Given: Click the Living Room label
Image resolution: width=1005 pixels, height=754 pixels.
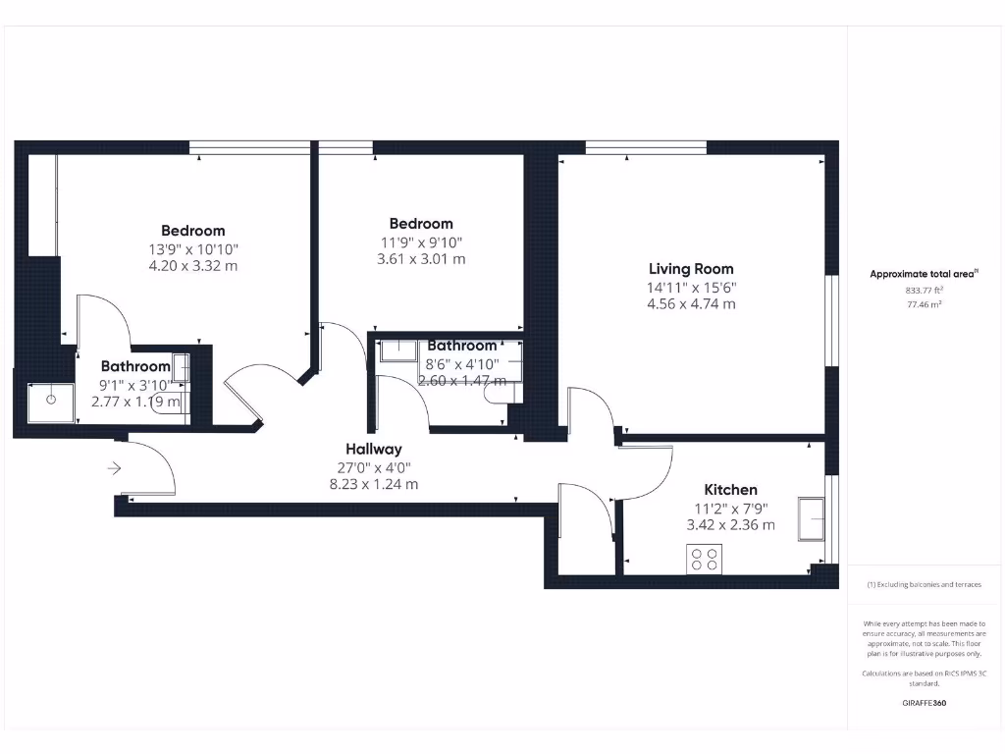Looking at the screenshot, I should (x=691, y=269).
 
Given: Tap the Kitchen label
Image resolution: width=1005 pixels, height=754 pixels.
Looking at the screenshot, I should (x=731, y=490).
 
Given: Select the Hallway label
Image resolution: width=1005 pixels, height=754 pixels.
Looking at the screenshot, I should (x=373, y=449).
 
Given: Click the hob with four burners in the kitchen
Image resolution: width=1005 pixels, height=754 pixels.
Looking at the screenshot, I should (x=704, y=560).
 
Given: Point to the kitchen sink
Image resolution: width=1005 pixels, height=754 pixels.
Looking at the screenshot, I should (x=813, y=518).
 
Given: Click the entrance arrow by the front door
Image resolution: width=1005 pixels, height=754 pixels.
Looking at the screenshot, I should (x=114, y=468).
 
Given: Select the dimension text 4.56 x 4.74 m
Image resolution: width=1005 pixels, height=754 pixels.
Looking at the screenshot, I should (x=691, y=304).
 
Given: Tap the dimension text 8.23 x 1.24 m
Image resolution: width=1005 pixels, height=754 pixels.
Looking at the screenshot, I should (x=373, y=484).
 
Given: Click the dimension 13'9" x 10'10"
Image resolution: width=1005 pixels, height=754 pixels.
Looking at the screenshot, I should (x=193, y=249).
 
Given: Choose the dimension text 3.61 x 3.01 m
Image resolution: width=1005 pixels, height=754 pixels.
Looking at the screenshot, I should (x=421, y=259).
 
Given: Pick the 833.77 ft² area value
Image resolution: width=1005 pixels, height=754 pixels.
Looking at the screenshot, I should (x=923, y=291).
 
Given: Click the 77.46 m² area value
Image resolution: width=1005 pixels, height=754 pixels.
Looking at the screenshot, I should (x=923, y=305).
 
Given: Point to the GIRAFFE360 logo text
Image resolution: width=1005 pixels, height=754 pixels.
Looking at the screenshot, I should (x=924, y=703).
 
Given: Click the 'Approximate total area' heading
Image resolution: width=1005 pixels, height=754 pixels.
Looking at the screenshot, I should (x=923, y=274).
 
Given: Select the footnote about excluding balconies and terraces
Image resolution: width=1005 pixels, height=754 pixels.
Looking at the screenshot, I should (x=924, y=584).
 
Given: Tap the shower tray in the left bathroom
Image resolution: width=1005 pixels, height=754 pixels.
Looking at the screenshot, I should (x=51, y=402).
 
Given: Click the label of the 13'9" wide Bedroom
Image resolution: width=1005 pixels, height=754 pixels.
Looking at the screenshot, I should (x=193, y=232).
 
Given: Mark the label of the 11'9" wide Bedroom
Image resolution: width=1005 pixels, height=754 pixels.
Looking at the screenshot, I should (x=421, y=224).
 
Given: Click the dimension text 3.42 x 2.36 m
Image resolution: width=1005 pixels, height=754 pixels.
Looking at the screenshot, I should (x=731, y=525).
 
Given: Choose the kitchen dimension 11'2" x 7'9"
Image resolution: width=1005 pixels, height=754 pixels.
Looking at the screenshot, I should (x=731, y=509).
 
